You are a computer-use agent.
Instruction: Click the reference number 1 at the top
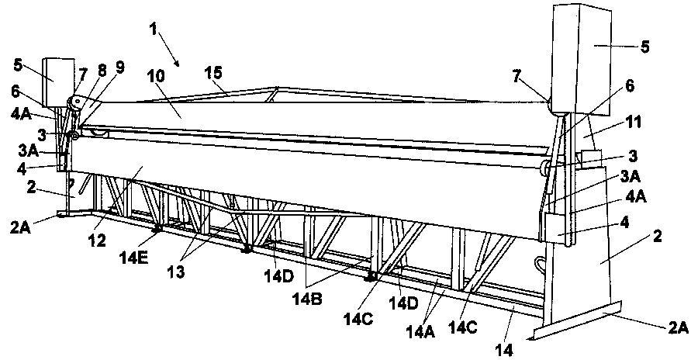[154, 29]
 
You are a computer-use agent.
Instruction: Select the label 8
[102, 71]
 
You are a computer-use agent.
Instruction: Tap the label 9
[120, 67]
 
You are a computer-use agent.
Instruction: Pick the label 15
[215, 73]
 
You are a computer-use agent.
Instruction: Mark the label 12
[97, 241]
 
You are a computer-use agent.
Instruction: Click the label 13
[176, 272]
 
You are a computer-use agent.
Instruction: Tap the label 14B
[308, 299]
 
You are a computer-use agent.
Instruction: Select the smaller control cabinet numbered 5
[59, 82]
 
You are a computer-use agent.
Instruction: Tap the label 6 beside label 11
[630, 86]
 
